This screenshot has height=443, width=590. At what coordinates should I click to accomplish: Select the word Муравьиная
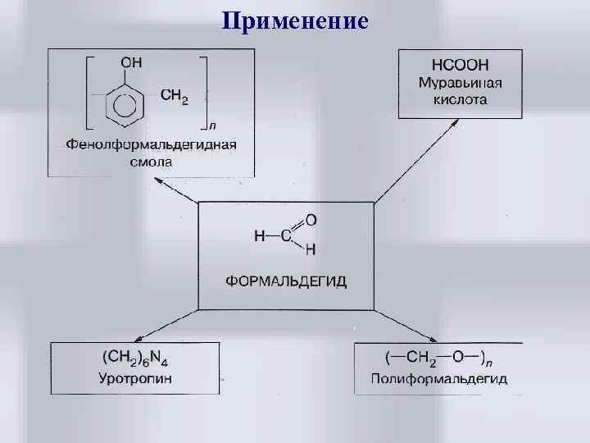click(x=460, y=83)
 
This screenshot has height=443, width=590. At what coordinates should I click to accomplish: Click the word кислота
click(x=460, y=100)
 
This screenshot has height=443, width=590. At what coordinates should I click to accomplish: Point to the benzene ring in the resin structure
click(x=125, y=106)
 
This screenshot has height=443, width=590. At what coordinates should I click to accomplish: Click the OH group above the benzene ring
click(x=130, y=62)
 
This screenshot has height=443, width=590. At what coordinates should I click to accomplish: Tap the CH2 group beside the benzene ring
click(x=174, y=96)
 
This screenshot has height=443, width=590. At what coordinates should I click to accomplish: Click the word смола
click(x=152, y=162)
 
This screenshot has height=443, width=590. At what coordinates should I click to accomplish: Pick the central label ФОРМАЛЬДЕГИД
click(x=286, y=281)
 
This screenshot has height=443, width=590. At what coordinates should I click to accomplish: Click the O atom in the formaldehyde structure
click(x=311, y=221)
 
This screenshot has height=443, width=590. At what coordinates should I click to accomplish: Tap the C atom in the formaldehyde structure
click(x=286, y=236)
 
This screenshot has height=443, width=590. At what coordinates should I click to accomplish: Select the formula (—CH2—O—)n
click(x=438, y=359)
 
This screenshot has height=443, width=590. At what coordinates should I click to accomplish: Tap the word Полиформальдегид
click(x=438, y=378)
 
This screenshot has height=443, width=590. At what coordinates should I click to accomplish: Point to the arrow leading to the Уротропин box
click(x=164, y=325)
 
